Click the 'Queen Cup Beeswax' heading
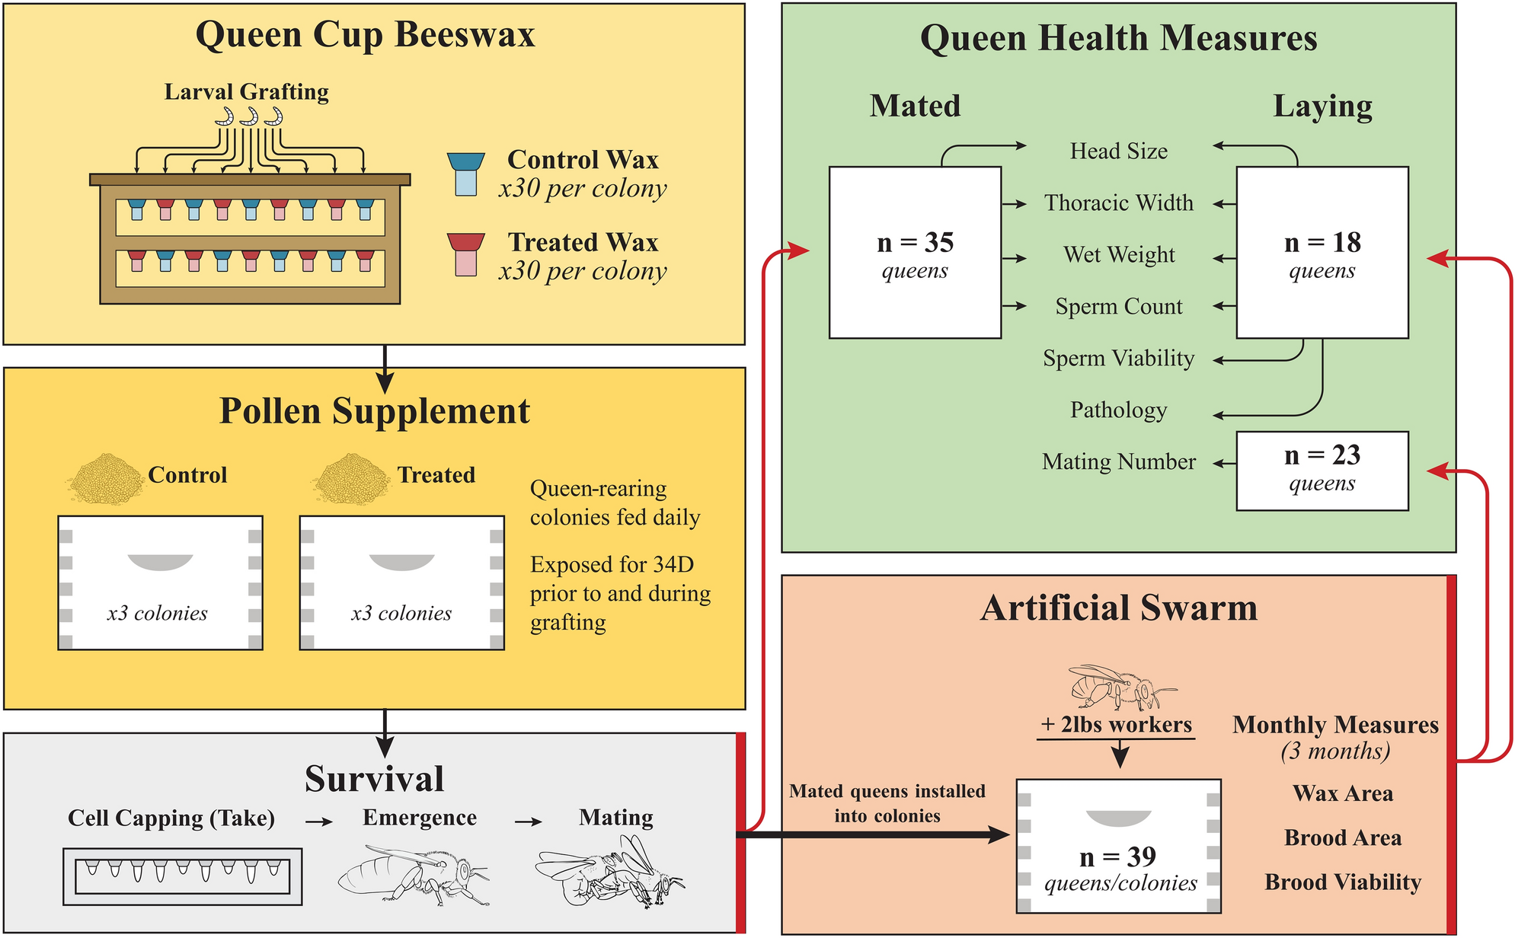(365, 35)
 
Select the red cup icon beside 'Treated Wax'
(465, 254)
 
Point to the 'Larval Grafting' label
(247, 92)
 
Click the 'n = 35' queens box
(915, 253)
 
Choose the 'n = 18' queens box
(1322, 253)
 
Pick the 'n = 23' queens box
(1322, 471)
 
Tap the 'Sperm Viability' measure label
(1118, 359)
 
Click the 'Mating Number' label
(1118, 462)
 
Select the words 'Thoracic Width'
(1118, 203)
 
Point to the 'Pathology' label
(1118, 410)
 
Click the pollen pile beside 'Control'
(105, 478)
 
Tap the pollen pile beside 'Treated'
(351, 478)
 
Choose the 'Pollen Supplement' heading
(374, 411)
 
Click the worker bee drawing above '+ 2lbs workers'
(1117, 687)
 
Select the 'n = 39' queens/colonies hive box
(1118, 846)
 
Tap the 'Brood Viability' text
(1343, 882)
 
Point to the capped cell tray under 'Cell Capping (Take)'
(182, 876)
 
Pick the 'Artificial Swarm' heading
(1118, 608)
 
